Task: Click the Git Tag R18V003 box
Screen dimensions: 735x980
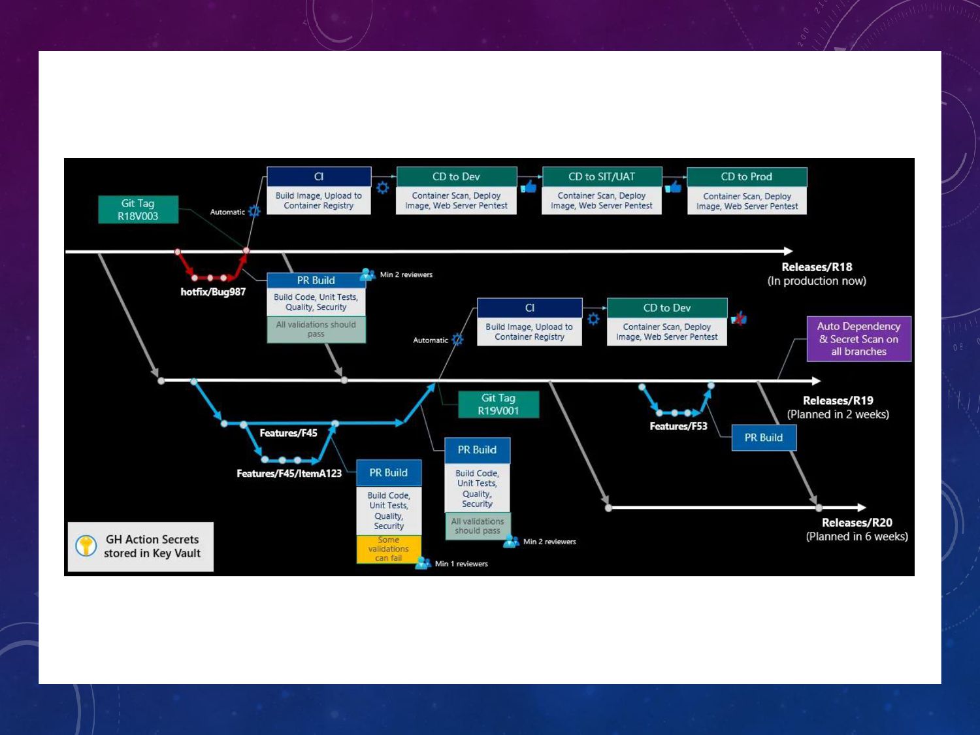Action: (138, 210)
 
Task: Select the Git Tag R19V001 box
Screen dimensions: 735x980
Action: (498, 404)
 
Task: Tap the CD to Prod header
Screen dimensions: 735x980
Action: (747, 177)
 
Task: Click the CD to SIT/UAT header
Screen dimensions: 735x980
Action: (602, 177)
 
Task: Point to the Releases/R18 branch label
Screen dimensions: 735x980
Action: (817, 267)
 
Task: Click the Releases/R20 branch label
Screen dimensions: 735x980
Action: (857, 523)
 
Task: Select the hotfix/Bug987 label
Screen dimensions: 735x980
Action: (213, 292)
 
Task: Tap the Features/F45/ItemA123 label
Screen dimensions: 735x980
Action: (289, 474)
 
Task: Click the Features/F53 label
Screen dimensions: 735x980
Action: (678, 427)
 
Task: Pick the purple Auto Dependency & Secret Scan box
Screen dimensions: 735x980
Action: (858, 338)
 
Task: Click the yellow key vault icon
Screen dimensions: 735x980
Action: (86, 546)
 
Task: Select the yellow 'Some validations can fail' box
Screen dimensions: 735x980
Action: (389, 549)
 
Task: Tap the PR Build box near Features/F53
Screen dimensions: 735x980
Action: (764, 438)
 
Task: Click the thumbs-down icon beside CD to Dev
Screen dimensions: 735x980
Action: (739, 318)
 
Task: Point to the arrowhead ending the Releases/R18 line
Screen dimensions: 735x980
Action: (789, 251)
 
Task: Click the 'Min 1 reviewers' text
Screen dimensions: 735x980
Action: (461, 564)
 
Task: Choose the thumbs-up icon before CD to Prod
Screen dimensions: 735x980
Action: (673, 188)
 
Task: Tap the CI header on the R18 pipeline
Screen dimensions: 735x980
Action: (319, 177)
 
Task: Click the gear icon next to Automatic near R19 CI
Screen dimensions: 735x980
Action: (457, 340)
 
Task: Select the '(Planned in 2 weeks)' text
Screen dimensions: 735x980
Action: (838, 414)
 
